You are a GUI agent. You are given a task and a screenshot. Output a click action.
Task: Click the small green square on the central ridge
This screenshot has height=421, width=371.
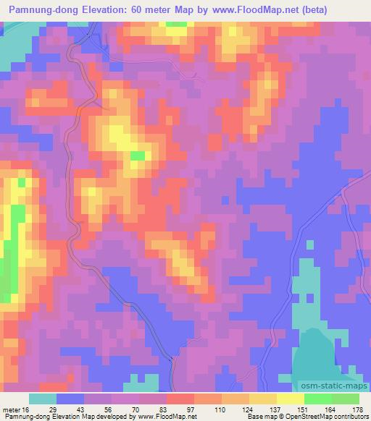[x=138, y=156]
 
